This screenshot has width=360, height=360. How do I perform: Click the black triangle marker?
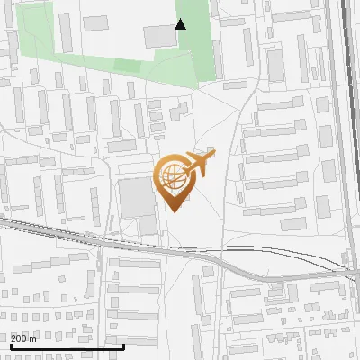click(180, 24)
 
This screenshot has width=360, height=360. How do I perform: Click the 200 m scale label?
click(24, 337)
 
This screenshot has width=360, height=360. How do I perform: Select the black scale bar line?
click(67, 346)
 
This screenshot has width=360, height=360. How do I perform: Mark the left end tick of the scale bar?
click(11, 344)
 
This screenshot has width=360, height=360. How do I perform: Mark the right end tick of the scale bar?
click(123, 344)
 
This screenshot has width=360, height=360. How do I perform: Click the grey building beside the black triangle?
click(160, 36)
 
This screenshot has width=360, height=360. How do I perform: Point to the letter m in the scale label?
click(33, 337)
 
